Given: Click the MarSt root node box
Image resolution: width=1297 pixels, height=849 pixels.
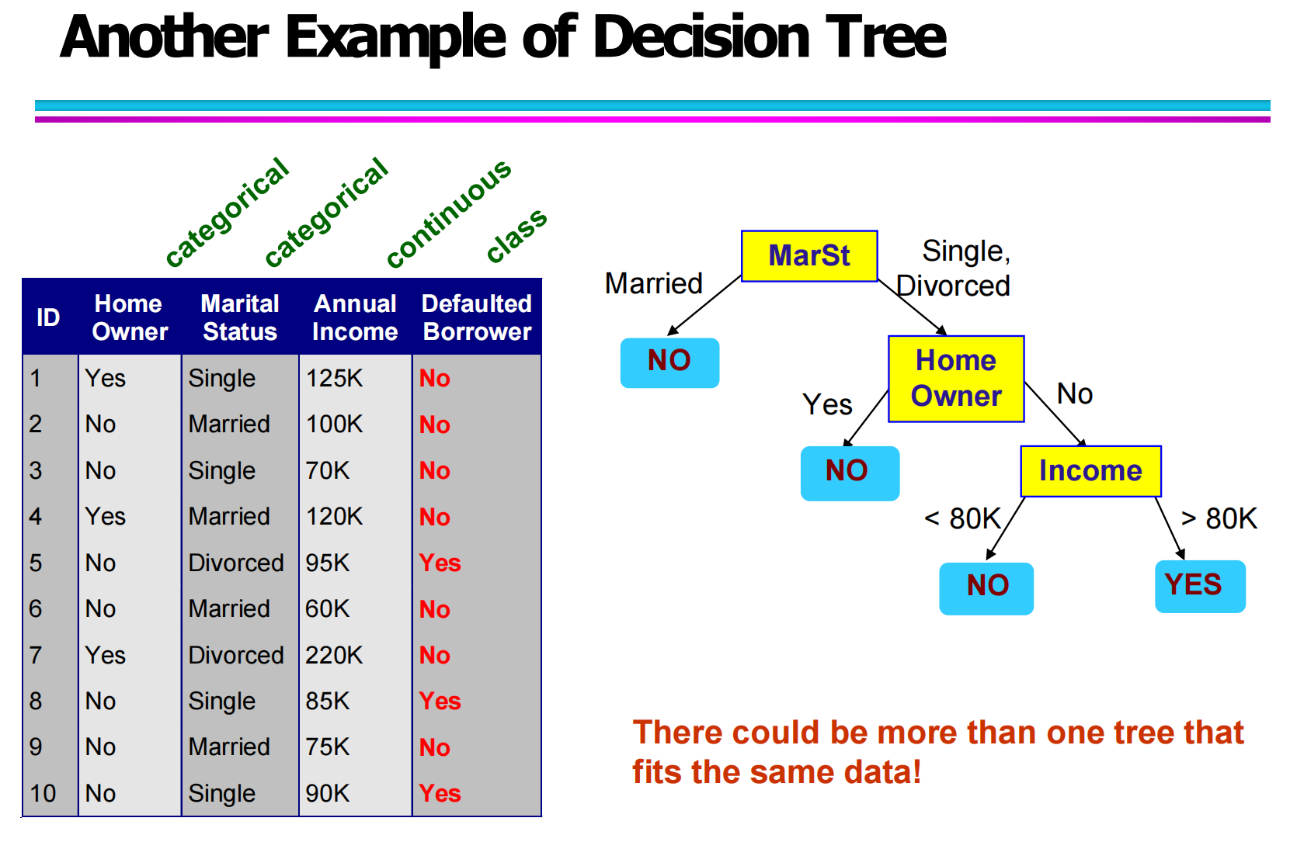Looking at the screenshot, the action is pyautogui.click(x=809, y=256).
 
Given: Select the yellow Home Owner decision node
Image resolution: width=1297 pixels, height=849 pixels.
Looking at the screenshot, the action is pyautogui.click(x=956, y=379).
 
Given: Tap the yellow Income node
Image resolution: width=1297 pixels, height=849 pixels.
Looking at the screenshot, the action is pyautogui.click(x=1090, y=470).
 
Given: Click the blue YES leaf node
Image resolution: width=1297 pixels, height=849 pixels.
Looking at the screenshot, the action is pyautogui.click(x=1200, y=586).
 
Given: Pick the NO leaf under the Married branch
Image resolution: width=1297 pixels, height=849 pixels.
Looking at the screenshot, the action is pyautogui.click(x=669, y=362).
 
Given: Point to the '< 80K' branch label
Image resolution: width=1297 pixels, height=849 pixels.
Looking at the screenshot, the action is pyautogui.click(x=962, y=518).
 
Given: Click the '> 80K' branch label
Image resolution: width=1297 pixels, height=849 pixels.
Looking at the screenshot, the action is pyautogui.click(x=1219, y=518).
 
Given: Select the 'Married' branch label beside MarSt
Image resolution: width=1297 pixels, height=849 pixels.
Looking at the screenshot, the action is pyautogui.click(x=653, y=283).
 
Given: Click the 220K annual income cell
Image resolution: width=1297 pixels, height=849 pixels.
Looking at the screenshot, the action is pyautogui.click(x=333, y=655).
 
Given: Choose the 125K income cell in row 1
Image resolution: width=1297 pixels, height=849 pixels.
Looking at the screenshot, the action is pyautogui.click(x=334, y=378).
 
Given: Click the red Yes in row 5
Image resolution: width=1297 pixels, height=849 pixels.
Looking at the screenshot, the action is pyautogui.click(x=440, y=563).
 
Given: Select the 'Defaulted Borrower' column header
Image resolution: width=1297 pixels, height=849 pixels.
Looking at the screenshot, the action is pyautogui.click(x=477, y=317).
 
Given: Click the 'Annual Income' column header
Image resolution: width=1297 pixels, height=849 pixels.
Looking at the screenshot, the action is pyautogui.click(x=355, y=317).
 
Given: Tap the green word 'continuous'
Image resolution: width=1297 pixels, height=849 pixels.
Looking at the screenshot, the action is pyautogui.click(x=449, y=213).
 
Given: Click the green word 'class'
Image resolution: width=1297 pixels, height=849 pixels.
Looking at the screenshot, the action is pyautogui.click(x=516, y=235).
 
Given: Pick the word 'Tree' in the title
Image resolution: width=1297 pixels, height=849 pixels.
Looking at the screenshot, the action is pyautogui.click(x=885, y=37).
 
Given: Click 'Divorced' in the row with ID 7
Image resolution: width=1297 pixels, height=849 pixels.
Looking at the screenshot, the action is pyautogui.click(x=236, y=655).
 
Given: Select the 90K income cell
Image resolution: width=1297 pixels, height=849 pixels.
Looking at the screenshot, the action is pyautogui.click(x=327, y=793).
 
